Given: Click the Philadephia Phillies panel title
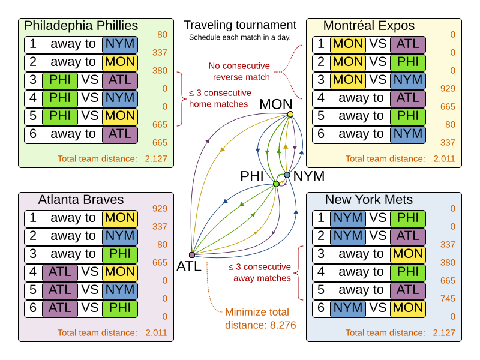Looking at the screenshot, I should pyautogui.click(x=80, y=26).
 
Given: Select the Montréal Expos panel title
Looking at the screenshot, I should pyautogui.click(x=368, y=26).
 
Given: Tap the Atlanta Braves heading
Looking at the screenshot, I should pyautogui.click(x=81, y=200).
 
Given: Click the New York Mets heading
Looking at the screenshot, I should pyautogui.click(x=369, y=200).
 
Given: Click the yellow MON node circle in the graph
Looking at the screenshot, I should pyautogui.click(x=290, y=114).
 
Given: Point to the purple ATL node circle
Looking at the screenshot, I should pyautogui.click(x=192, y=255).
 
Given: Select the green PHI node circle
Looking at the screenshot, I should pyautogui.click(x=276, y=184).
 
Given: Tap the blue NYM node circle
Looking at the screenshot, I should pyautogui.click(x=287, y=175).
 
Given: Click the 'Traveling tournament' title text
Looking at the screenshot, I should pyautogui.click(x=240, y=25).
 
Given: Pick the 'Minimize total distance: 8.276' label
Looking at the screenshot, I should pyautogui.click(x=257, y=319).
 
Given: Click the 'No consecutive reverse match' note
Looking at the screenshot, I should pyautogui.click(x=239, y=71).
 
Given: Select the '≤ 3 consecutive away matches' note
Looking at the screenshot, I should pyautogui.click(x=259, y=272).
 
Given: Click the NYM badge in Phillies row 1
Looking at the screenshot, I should pyautogui.click(x=120, y=44).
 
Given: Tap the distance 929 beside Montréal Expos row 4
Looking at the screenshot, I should pyautogui.click(x=448, y=88).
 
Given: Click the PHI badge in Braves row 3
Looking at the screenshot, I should pyautogui.click(x=120, y=254).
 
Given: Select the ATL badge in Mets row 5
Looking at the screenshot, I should pyautogui.click(x=408, y=290).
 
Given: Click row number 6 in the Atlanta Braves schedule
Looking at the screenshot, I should pyautogui.click(x=33, y=308).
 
